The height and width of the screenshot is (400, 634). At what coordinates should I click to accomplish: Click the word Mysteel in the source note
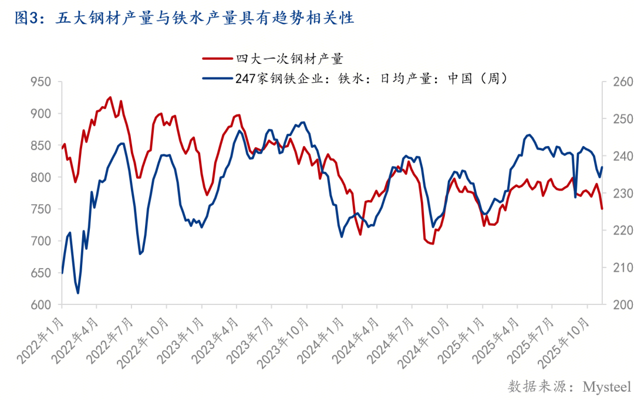click(x=606, y=387)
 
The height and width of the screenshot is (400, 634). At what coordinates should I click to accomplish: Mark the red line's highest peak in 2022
click(x=110, y=97)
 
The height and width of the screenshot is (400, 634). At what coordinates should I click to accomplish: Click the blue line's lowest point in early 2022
click(x=78, y=293)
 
